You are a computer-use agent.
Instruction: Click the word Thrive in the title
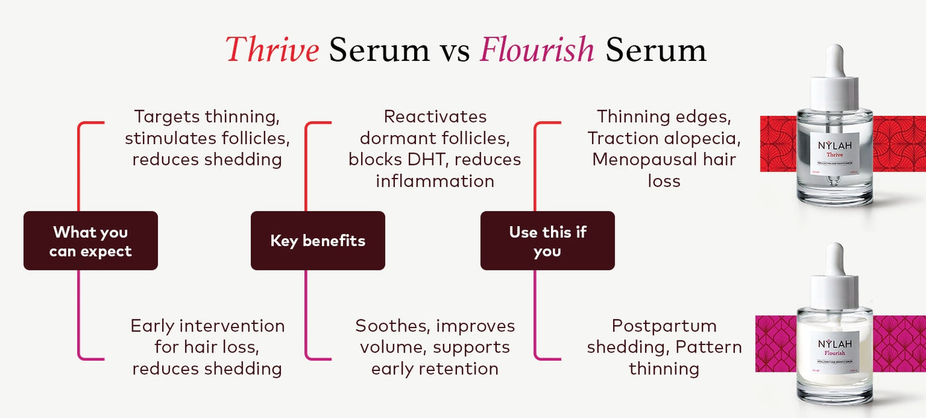click(x=273, y=50)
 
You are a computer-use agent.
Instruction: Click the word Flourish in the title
click(x=537, y=50)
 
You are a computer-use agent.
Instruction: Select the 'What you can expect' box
click(x=91, y=241)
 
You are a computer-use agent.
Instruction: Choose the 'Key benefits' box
click(x=317, y=241)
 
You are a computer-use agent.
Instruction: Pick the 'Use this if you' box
click(x=547, y=241)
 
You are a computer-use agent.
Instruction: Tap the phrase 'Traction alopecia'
click(x=664, y=138)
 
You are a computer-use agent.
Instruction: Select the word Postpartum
click(x=664, y=326)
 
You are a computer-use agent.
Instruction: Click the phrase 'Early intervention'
click(x=207, y=326)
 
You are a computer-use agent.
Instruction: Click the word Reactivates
click(x=435, y=117)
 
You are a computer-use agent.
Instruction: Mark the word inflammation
click(x=435, y=181)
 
